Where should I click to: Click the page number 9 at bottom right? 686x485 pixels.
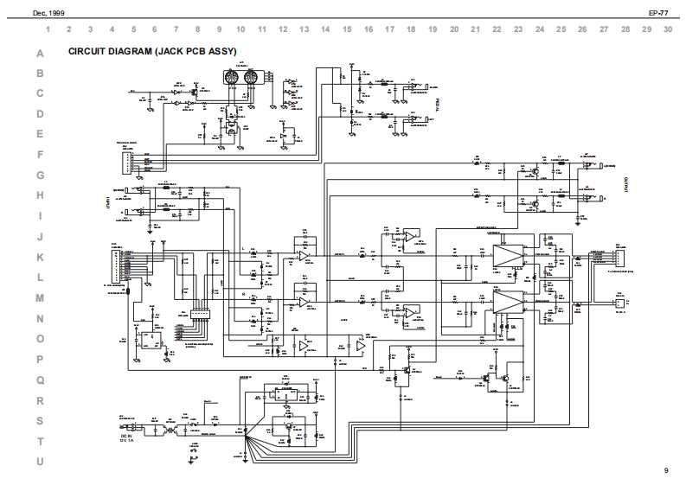(x=666, y=470)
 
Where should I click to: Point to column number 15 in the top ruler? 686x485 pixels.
(x=347, y=29)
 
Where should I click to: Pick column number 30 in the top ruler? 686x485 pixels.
(x=668, y=29)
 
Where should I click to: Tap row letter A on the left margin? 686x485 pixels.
(x=39, y=54)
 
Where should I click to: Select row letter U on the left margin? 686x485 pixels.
(x=39, y=462)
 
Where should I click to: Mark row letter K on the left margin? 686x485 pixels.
(x=39, y=258)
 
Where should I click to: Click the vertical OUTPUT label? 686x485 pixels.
(x=625, y=184)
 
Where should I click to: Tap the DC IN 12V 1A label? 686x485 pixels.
(x=129, y=440)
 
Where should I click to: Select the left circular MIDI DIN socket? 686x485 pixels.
(x=231, y=79)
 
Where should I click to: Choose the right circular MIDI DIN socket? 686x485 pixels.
(x=251, y=79)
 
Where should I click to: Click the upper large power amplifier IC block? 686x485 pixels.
(x=509, y=256)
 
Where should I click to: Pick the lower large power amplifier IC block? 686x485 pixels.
(x=509, y=300)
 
